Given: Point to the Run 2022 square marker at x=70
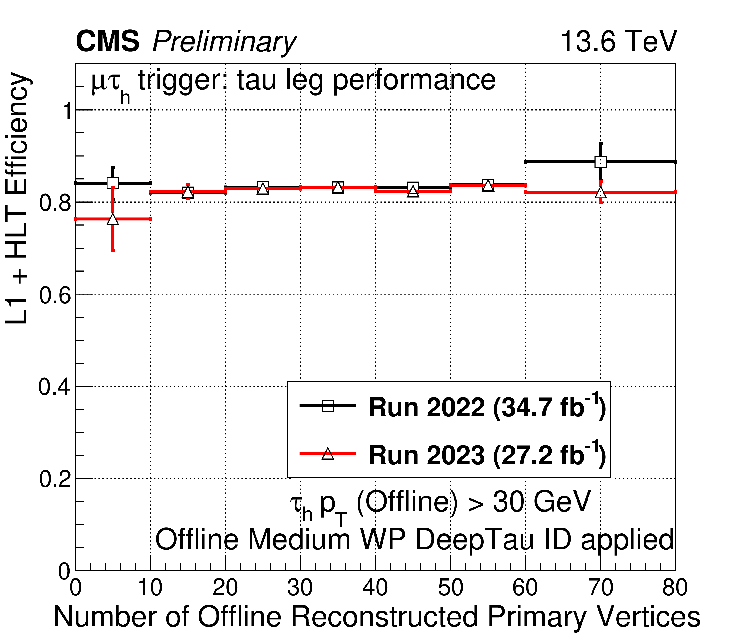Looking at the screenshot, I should point(600,162).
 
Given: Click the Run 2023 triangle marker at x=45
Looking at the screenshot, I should point(413,191).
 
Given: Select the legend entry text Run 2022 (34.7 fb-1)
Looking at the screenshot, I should point(487,408).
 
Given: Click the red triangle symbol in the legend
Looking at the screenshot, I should point(327,454).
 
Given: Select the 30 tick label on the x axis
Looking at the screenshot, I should point(300,587).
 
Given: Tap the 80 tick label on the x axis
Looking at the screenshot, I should point(675,587).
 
